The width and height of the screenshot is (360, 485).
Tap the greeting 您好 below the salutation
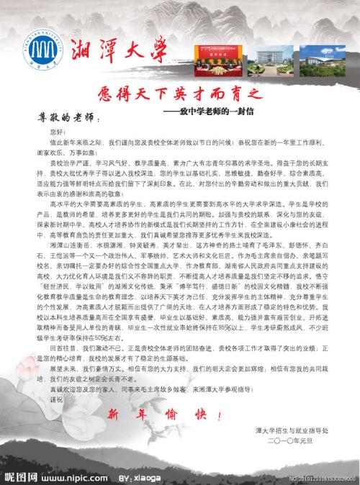coord(58,133)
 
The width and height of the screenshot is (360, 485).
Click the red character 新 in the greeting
coord(114,415)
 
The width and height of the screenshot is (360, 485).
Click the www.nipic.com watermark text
coord(72,477)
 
